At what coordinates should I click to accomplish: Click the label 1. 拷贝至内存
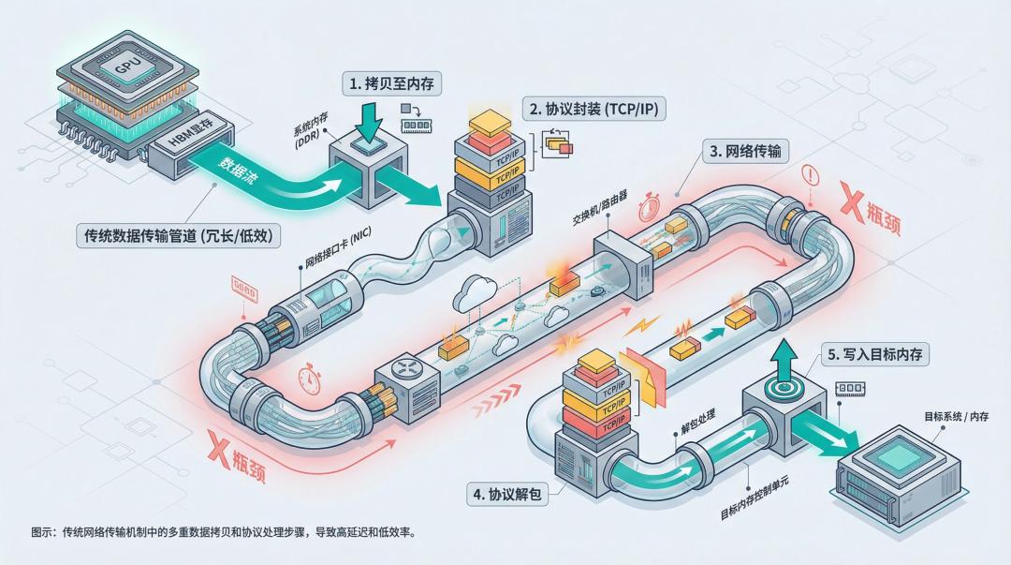(x=393, y=83)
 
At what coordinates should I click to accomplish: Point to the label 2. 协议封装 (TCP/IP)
(x=594, y=109)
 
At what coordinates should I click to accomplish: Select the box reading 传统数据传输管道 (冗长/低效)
(x=177, y=236)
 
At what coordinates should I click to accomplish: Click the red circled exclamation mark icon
(x=811, y=175)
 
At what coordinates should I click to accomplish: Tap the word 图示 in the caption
(x=42, y=531)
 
